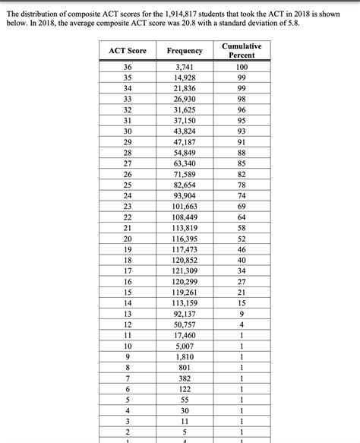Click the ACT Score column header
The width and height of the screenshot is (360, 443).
point(127,50)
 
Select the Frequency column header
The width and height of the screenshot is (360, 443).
point(185,50)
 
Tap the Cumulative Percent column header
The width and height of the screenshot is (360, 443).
point(242,50)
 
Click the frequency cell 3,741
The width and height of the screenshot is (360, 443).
point(185,67)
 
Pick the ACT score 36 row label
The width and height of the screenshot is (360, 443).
point(127,67)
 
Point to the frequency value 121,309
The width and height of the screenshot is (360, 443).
point(185,270)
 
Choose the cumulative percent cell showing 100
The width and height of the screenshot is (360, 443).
point(242,67)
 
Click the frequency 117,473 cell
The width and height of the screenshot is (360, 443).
point(185,248)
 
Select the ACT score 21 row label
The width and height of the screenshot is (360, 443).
point(127,227)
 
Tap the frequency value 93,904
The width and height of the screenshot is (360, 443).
point(185,195)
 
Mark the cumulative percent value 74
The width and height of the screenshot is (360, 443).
point(242,195)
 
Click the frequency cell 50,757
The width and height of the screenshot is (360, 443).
point(185,324)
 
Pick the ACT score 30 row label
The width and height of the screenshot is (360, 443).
point(127,131)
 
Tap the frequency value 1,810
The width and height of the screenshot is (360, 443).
point(185,356)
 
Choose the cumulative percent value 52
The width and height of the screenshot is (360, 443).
point(242,238)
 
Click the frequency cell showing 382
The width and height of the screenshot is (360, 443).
point(185,377)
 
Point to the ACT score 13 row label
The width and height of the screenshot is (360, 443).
point(127,313)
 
